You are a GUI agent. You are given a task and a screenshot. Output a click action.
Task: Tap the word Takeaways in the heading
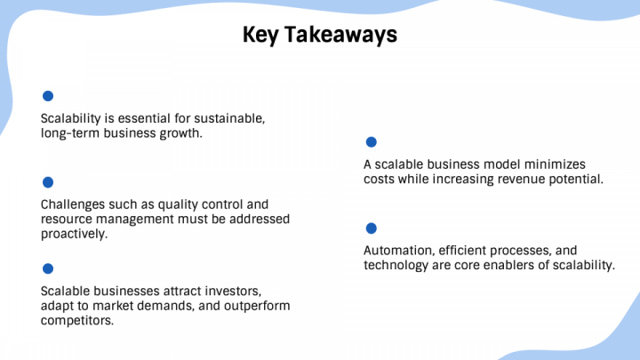342,36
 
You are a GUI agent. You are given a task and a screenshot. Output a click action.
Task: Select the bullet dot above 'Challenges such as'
48,182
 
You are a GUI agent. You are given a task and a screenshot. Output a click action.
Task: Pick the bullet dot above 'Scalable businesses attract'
48,268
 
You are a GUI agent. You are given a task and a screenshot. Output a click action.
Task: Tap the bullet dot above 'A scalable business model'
371,142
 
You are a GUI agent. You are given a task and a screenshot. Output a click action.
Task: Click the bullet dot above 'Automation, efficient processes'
371,228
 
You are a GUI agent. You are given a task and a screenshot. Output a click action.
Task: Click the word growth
180,133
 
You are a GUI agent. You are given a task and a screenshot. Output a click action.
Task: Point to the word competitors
77,321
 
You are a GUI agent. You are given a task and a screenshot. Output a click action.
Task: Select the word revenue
516,180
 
